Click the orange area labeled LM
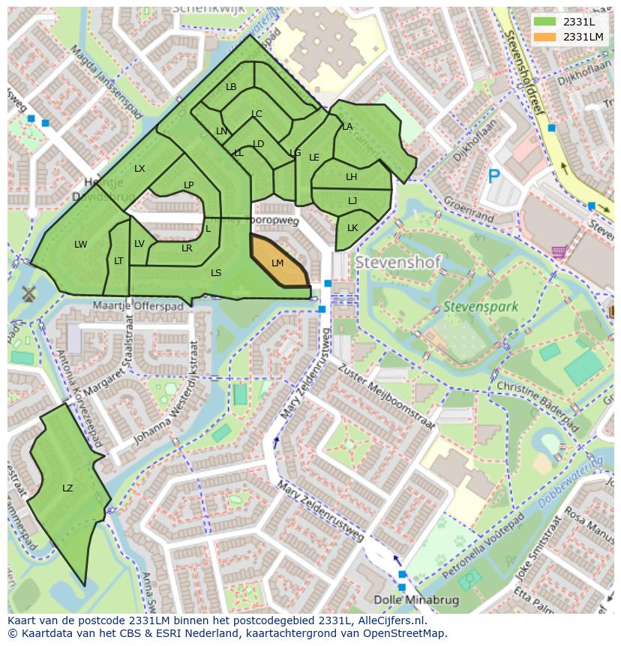pyautogui.click(x=277, y=263)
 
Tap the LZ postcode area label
pyautogui.click(x=67, y=488)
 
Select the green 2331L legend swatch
pyautogui.click(x=546, y=22)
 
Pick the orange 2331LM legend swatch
pyautogui.click(x=546, y=37)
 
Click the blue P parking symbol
pyautogui.click(x=493, y=177)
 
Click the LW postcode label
pyautogui.click(x=81, y=245)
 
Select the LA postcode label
pyautogui.click(x=347, y=127)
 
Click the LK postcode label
pyautogui.click(x=352, y=228)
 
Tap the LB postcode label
pyautogui.click(x=231, y=87)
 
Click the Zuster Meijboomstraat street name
pyautogui.click(x=388, y=397)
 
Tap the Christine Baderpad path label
pyautogui.click(x=538, y=401)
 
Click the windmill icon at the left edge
pyautogui.click(x=29, y=293)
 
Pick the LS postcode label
pyautogui.click(x=216, y=273)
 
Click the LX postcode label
pyautogui.click(x=139, y=169)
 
